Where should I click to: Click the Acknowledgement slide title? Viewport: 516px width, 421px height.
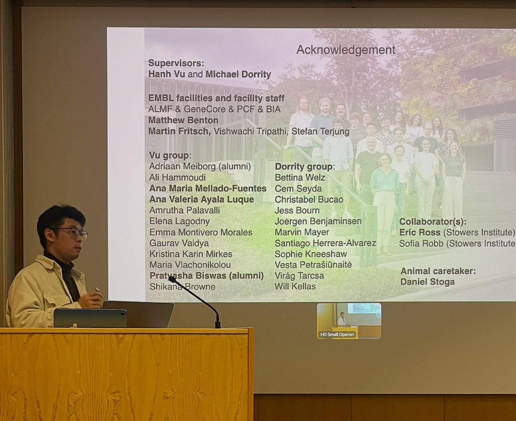click(x=346, y=50)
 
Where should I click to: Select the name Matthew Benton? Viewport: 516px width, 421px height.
click(x=183, y=120)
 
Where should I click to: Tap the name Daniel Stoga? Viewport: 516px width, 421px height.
click(x=428, y=282)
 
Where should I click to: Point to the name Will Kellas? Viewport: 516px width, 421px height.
click(x=295, y=286)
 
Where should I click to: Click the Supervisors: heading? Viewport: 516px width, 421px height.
click(x=176, y=63)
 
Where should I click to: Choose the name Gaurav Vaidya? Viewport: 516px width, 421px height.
click(x=179, y=243)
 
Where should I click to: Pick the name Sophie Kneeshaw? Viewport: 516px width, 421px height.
click(x=311, y=254)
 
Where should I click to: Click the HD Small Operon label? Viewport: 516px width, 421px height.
click(x=337, y=335)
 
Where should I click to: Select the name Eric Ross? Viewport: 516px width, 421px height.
click(x=420, y=232)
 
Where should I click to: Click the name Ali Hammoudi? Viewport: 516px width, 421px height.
click(x=177, y=177)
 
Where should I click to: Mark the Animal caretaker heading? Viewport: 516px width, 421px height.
click(x=438, y=271)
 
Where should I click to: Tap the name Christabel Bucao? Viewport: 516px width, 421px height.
click(x=309, y=199)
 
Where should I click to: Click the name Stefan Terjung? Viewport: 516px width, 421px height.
click(x=320, y=131)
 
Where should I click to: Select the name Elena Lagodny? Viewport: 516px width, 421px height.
click(x=180, y=221)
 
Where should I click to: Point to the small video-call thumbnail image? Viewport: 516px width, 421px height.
click(x=349, y=321)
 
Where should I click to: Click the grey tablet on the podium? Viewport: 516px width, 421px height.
click(x=90, y=318)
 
